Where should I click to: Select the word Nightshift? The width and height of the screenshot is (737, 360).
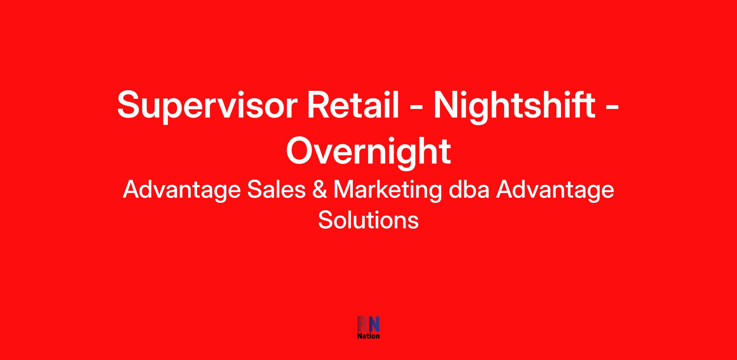(514, 106)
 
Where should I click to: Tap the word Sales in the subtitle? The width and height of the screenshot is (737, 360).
(277, 190)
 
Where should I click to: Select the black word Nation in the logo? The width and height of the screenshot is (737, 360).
(368, 336)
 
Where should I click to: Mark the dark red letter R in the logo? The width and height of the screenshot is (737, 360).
(363, 324)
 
